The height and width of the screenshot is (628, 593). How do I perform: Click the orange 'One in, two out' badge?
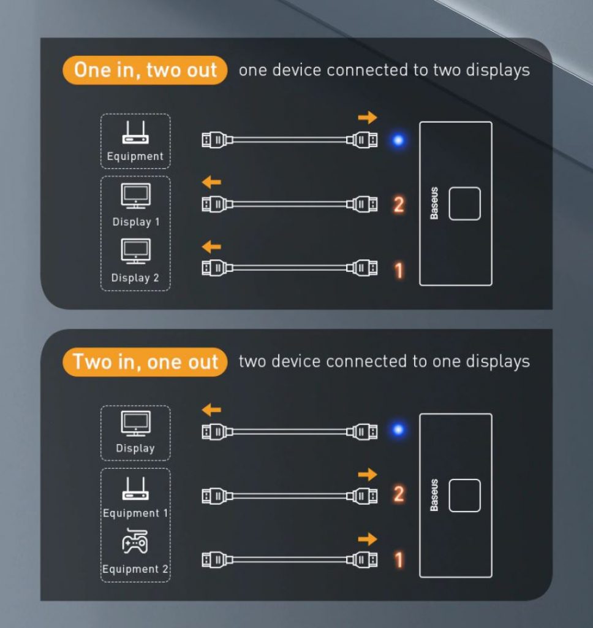(145, 70)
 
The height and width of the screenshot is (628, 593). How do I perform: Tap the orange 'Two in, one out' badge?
(145, 362)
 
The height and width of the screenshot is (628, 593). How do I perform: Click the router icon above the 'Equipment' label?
(135, 132)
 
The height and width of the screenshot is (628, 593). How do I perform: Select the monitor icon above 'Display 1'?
(135, 196)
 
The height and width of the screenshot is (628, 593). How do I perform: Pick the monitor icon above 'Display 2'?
(135, 251)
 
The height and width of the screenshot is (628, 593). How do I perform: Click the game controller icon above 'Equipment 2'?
(135, 541)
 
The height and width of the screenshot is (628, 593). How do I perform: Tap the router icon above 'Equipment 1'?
(135, 488)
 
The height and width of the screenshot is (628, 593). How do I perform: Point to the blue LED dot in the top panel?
(398, 140)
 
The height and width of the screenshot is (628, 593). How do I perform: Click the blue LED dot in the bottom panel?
(398, 429)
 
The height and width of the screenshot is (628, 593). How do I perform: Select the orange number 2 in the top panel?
(399, 205)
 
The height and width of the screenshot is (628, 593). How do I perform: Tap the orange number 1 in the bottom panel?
(399, 560)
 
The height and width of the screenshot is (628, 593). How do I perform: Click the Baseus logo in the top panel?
(434, 203)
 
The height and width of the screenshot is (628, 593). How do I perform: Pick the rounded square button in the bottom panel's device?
(464, 496)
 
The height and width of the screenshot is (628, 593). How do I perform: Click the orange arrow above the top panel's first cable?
(368, 117)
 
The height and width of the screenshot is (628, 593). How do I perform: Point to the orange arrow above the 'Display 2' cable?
(211, 247)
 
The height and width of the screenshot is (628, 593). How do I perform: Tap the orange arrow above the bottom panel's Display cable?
(211, 410)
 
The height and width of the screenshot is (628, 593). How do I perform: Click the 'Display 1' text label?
(136, 222)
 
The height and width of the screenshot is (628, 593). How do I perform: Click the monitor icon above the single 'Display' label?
(135, 423)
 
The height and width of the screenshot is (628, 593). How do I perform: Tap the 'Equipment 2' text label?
(135, 569)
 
